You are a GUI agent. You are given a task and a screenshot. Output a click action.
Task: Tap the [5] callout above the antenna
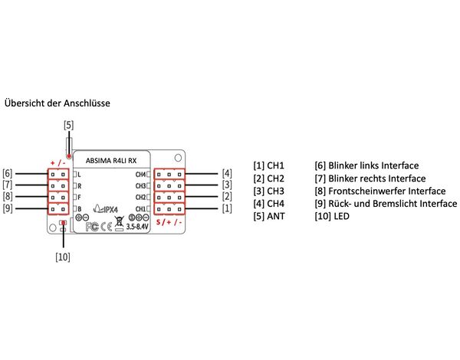(x=69, y=123)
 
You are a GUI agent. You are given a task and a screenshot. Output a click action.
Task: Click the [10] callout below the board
(x=62, y=257)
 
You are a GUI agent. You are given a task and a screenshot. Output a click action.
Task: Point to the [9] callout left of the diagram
(x=8, y=208)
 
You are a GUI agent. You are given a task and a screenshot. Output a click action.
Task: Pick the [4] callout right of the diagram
(x=227, y=174)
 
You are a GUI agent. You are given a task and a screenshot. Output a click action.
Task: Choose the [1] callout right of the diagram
(x=227, y=208)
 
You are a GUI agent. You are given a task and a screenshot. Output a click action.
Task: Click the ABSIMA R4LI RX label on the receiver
(x=111, y=161)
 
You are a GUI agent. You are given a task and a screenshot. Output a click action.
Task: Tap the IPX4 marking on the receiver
(x=112, y=207)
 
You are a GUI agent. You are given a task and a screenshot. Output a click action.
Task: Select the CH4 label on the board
(x=141, y=175)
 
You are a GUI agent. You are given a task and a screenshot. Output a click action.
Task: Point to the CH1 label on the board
(x=141, y=208)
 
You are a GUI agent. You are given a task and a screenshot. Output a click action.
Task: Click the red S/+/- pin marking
(x=169, y=222)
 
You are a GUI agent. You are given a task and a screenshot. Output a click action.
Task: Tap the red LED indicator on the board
(x=62, y=224)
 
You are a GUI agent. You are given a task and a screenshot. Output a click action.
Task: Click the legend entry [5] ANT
(x=270, y=218)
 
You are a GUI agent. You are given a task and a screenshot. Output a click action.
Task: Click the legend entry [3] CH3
(x=269, y=191)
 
